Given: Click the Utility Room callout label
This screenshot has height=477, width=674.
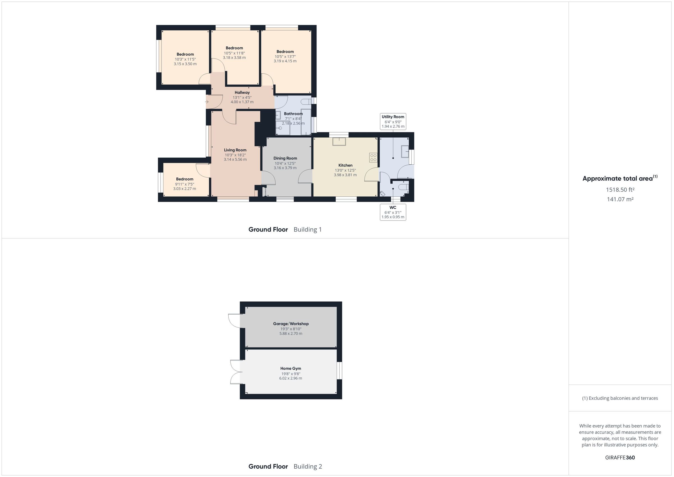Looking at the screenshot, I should point(393,121).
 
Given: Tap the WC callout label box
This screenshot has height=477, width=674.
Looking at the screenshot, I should point(393,212).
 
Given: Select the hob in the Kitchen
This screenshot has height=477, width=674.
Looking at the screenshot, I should point(373,157).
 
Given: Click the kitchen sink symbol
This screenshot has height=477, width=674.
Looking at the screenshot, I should point(339,142).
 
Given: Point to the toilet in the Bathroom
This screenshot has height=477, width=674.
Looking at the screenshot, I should point(306,102).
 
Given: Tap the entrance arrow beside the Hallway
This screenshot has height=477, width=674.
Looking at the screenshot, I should point(207,102).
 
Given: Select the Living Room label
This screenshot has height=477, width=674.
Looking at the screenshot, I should point(235,150).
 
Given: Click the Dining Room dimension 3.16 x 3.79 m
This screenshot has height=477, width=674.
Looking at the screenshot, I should point(285,168).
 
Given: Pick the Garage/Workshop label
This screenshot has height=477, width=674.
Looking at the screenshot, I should point(291,324).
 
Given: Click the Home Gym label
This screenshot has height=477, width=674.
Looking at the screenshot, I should point(291,368).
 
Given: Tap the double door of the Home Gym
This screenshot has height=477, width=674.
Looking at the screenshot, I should point(236,372).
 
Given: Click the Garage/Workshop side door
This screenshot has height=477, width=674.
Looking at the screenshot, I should point(234,321).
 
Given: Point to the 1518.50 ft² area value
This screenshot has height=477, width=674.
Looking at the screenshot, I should point(620,190).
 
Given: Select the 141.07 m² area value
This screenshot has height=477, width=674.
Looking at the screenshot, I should point(620,199).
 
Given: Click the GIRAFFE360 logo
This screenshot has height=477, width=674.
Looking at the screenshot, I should point(620,457).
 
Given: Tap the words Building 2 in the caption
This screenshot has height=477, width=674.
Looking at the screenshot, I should point(308,466).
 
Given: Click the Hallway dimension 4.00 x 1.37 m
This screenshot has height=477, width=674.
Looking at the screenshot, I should point(242,102).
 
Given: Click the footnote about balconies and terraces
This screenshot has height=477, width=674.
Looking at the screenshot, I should point(620,398).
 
